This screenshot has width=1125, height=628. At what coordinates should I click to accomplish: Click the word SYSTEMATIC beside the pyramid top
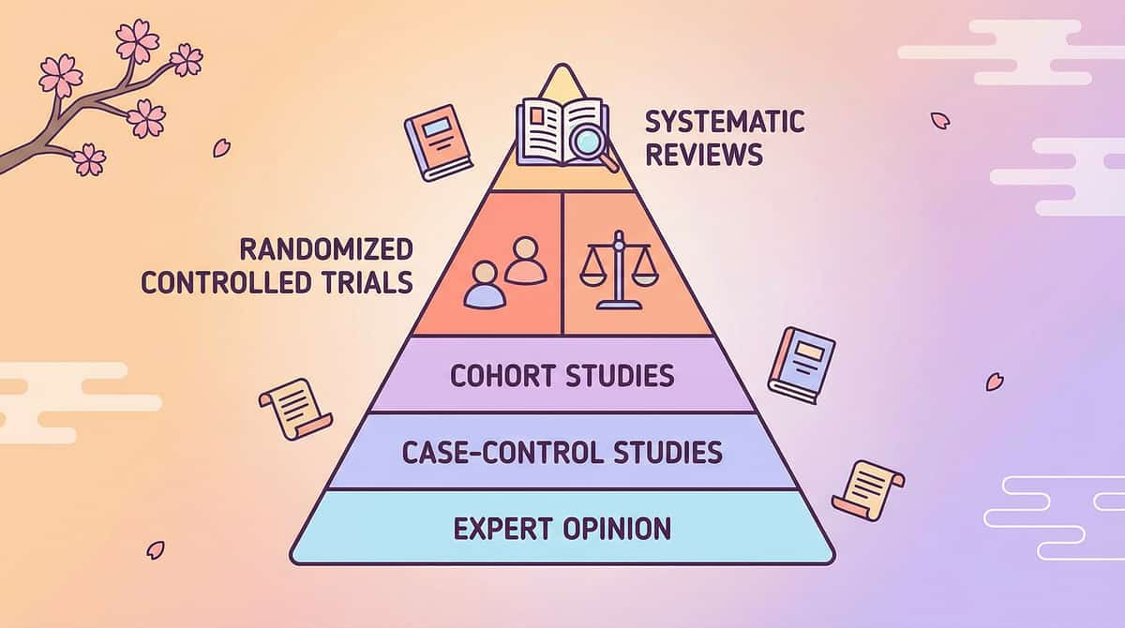click(724, 122)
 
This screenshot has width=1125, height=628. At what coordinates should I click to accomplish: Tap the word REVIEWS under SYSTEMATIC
click(703, 155)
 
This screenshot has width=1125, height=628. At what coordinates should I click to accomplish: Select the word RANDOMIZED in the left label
click(325, 249)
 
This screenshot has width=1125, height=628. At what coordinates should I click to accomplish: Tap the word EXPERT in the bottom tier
click(497, 528)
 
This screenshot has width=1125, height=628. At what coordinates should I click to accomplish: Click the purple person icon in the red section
click(485, 286)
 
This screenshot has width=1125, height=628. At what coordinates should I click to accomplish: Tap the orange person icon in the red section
click(525, 262)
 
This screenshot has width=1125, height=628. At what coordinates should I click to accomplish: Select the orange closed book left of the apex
click(437, 147)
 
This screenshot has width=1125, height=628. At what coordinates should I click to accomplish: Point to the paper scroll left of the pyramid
click(294, 408)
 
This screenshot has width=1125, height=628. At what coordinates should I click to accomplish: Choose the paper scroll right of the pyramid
click(867, 488)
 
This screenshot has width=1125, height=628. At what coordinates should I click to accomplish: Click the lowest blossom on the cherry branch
click(90, 159)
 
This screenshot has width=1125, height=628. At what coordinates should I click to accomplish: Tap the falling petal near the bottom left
click(156, 550)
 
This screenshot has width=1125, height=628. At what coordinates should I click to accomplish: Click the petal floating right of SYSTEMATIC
click(939, 120)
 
